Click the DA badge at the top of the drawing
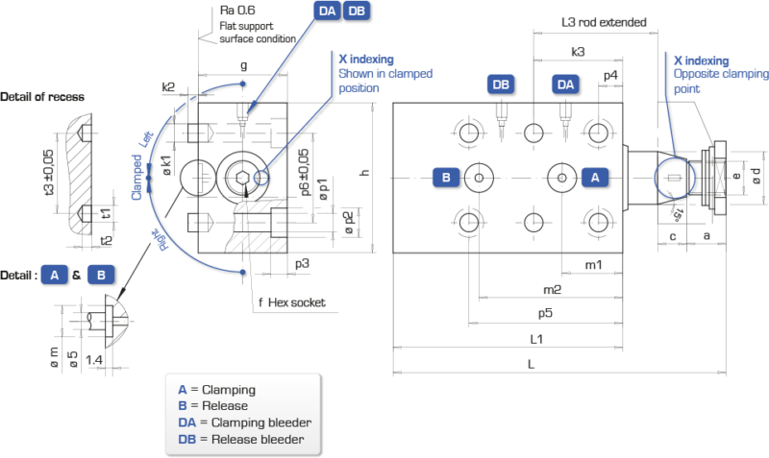[x=326, y=11]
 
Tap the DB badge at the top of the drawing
[x=356, y=11]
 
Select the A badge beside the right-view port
[x=595, y=177]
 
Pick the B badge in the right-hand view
[x=445, y=177]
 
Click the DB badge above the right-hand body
[x=501, y=85]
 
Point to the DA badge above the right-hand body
[x=565, y=85]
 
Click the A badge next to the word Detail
[x=55, y=276]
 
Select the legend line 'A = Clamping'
[x=216, y=390]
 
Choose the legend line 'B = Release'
[x=212, y=406]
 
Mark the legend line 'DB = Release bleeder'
[x=241, y=439]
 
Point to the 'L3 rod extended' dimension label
[x=605, y=22]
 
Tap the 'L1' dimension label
[x=537, y=339]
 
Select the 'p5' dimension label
[x=544, y=312]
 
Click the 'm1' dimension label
[x=593, y=264]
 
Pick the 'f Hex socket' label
[x=291, y=301]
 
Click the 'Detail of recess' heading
[x=42, y=97]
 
